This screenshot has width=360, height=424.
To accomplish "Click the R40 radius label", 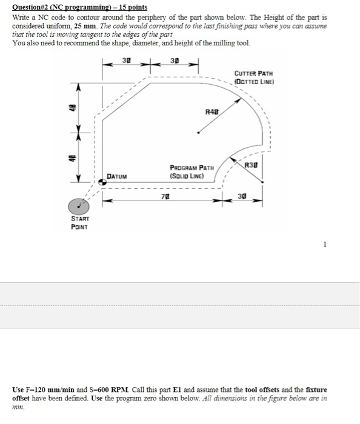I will point(211,112).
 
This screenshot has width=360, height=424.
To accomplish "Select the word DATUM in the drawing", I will point(118,176).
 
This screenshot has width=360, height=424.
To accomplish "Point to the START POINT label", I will point(80,223).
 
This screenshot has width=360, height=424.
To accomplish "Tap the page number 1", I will point(325,245).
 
